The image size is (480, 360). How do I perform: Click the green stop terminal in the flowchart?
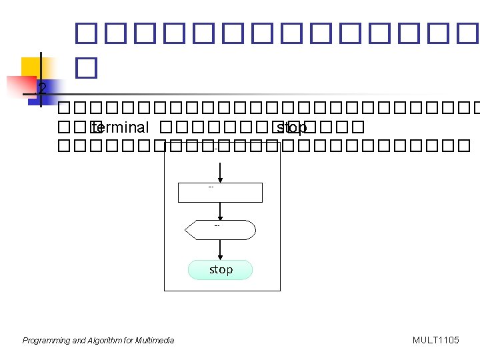click(221, 270)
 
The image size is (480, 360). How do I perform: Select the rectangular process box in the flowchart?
click(221, 193)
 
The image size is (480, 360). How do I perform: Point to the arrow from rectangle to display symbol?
click(221, 211)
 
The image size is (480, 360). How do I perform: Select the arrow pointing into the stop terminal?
click(221, 249)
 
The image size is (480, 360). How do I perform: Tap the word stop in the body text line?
click(291, 128)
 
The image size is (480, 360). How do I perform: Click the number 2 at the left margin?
click(43, 88)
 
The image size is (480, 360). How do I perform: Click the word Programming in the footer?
click(46, 341)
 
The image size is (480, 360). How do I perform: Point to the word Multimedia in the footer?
click(155, 341)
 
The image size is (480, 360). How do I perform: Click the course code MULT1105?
click(436, 341)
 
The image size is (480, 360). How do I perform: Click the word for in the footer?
click(129, 341)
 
